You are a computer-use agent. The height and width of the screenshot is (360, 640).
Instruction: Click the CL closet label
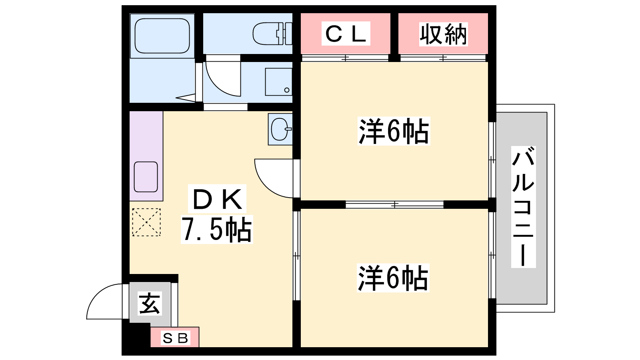click(x=346, y=34)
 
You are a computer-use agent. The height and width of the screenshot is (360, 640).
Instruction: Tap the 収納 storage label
click(x=443, y=34)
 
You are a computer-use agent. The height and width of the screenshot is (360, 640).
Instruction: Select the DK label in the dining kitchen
click(x=217, y=199)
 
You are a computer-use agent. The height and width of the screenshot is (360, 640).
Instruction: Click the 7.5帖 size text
click(x=217, y=230)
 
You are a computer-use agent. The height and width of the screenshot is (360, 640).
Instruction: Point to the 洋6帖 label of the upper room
click(x=394, y=131)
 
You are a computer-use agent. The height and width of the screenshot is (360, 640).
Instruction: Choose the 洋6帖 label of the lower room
click(x=393, y=278)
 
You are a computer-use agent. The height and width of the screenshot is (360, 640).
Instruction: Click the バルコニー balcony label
click(x=523, y=207)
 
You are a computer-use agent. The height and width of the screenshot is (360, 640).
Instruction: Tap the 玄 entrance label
click(x=150, y=304)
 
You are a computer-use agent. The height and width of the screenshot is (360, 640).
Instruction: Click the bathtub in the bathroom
click(x=162, y=36)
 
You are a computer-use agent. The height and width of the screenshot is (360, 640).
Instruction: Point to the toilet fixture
click(x=272, y=34)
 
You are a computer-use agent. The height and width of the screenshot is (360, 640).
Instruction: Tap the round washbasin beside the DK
click(x=280, y=129)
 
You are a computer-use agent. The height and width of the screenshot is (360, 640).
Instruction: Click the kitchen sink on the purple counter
click(x=146, y=177)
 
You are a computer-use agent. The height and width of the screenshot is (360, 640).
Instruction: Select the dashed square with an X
click(x=146, y=222)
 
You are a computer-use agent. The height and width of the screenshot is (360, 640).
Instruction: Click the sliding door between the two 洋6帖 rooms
click(x=394, y=204)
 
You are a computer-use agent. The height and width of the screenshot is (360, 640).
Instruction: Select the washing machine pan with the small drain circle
click(x=278, y=82)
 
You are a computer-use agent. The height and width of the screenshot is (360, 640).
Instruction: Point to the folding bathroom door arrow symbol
click(x=186, y=98)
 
